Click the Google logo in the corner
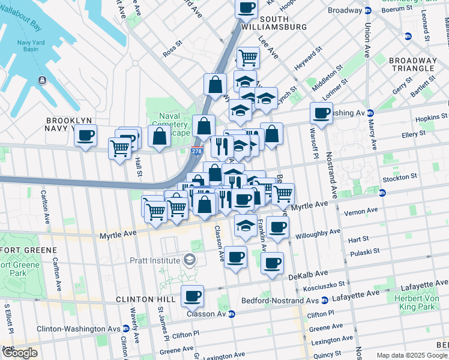19,353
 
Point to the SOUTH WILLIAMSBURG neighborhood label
274,23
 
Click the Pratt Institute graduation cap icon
190,260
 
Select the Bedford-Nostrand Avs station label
284,300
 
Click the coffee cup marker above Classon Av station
192,295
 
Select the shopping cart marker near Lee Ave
248,58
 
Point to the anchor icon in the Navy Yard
42,80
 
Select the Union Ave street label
367,39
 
